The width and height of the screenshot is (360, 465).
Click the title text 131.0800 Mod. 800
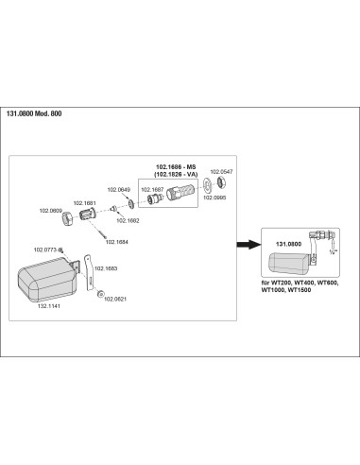34,113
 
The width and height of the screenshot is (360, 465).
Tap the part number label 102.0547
221,172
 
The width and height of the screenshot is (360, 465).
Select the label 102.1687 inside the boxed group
152,190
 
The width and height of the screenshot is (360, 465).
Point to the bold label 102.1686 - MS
176,167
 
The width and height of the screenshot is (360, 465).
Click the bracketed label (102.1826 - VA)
176,174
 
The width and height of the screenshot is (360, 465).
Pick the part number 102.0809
51,211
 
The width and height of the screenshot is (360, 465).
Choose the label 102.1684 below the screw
116,242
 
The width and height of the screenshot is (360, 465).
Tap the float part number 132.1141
49,306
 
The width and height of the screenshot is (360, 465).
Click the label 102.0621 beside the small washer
115,299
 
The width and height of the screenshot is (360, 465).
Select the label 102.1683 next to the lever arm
106,268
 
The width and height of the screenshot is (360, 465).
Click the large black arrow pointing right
249,244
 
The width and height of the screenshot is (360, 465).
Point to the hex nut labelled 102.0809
67,219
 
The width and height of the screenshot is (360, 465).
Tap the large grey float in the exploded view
47,280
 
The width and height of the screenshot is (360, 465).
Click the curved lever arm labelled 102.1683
89,272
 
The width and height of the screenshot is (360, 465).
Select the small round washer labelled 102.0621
100,294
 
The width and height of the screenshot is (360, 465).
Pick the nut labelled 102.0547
221,182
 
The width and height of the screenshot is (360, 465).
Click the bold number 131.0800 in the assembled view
288,244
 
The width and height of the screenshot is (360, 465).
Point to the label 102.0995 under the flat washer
214,198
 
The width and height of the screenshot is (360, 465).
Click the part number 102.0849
119,190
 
